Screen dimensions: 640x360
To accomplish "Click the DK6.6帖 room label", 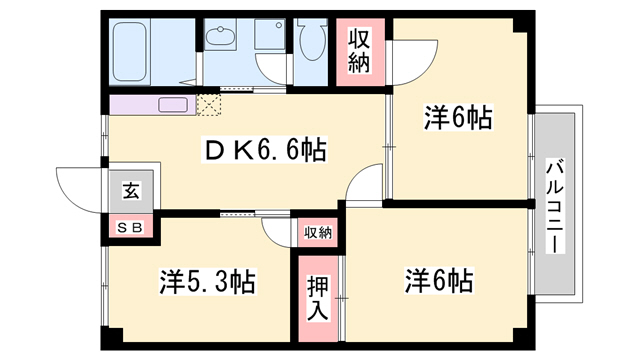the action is [x=264, y=150].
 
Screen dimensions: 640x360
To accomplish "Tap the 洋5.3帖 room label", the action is [x=207, y=282].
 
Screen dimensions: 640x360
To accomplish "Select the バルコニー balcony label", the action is [x=555, y=207].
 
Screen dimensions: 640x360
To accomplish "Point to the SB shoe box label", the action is [x=130, y=228].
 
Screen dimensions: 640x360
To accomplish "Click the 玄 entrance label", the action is [x=131, y=190].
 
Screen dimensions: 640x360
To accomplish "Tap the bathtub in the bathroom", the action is [x=129, y=51].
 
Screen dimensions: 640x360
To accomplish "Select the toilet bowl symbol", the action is [x=312, y=39].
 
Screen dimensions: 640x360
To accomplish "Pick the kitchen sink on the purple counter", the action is [x=173, y=104].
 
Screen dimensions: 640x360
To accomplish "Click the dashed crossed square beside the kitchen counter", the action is [x=209, y=104].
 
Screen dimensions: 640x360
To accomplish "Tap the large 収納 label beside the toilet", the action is [x=359, y=52].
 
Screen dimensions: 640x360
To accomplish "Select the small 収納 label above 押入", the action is [x=318, y=233].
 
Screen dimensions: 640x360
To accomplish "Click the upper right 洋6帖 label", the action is [x=458, y=117].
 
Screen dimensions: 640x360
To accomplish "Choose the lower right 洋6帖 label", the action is [x=439, y=280].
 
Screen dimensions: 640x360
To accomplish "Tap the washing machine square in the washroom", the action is [x=269, y=34].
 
